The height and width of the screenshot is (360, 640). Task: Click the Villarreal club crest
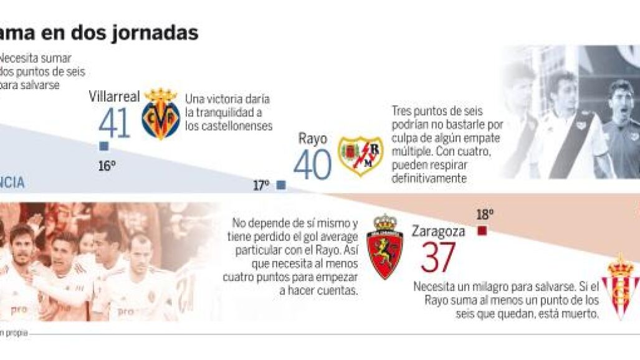(161, 113)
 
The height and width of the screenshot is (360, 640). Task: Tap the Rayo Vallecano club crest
(360, 156)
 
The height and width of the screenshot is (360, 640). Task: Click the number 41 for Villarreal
(114, 123)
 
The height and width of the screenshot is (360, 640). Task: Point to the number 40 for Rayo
(312, 165)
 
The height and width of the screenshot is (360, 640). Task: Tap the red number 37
(438, 258)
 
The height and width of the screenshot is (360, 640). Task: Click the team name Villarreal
(114, 97)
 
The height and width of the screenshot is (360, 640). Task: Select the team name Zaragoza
(438, 231)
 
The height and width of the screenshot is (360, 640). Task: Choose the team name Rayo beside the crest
(312, 138)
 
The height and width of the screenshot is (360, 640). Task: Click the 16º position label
(106, 166)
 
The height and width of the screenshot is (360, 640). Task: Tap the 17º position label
(261, 185)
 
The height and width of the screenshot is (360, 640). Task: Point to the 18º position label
(485, 215)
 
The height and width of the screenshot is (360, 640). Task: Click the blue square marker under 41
(104, 146)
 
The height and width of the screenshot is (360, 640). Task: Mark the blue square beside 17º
(281, 185)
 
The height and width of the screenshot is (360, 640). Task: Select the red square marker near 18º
(482, 231)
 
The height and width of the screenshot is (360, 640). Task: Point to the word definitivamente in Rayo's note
(429, 178)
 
